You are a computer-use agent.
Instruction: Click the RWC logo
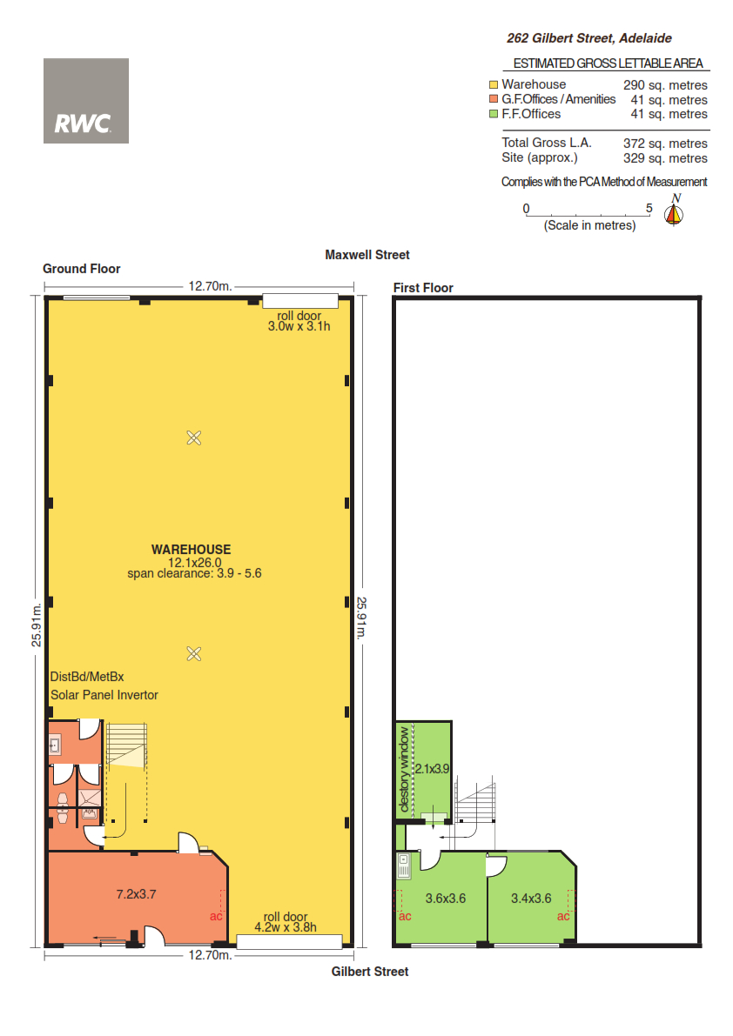[x=86, y=101]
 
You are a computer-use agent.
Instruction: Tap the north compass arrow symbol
[x=674, y=214]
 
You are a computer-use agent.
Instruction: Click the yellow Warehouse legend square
[x=493, y=84]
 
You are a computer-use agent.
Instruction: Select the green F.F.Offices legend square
[x=493, y=114]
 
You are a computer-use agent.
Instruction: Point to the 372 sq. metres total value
[x=665, y=144]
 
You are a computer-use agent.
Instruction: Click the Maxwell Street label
[x=366, y=255]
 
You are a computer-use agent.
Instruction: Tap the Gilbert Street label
[x=369, y=972]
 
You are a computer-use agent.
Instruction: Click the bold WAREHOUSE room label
[x=191, y=549]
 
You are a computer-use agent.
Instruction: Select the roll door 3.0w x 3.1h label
[x=299, y=321]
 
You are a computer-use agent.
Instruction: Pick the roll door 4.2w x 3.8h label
[x=286, y=922]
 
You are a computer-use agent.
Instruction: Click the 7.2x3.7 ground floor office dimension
[x=136, y=894]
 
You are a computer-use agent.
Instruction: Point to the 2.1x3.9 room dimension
[x=432, y=769]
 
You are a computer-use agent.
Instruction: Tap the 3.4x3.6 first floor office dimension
[x=531, y=899]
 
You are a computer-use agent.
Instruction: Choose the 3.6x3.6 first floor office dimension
[x=446, y=899]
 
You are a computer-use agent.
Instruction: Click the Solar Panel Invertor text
[x=104, y=695]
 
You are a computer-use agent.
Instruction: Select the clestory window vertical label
[x=404, y=769]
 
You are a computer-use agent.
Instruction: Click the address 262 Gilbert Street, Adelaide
[x=588, y=38]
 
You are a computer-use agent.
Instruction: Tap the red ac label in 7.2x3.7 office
[x=216, y=916]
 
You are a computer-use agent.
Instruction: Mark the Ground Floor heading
[x=81, y=269]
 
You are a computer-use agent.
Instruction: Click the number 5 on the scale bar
[x=649, y=208]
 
